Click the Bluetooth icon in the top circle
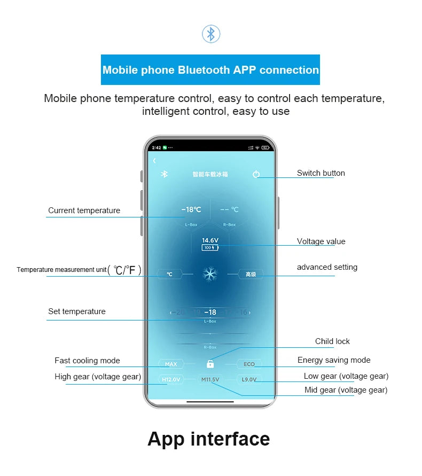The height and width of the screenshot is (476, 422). tap(211, 34)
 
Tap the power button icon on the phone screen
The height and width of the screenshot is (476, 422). tap(256, 174)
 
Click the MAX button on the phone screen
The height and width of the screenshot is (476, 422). tap(171, 364)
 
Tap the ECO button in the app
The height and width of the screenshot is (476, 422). tap(249, 364)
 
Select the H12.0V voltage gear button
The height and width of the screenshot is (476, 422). tap(171, 380)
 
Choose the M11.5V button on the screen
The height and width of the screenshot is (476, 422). tap(210, 380)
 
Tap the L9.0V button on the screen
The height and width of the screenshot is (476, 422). tap(249, 380)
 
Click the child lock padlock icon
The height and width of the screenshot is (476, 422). tap(210, 364)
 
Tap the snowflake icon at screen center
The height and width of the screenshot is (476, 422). tap(210, 275)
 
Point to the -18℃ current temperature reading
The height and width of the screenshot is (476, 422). tap(191, 210)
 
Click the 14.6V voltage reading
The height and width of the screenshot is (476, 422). tap(210, 240)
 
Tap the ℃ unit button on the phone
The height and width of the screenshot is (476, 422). tap(169, 275)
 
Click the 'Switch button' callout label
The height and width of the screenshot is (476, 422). tap(321, 173)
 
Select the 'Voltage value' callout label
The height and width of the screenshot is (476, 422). tap(321, 241)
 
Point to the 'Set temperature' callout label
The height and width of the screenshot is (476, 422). tap(77, 311)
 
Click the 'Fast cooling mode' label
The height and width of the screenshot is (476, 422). tap(87, 361)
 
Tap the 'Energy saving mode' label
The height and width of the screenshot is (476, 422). tap(334, 360)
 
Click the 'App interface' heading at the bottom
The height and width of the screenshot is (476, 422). tap(208, 439)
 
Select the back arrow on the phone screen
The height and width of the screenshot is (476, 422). tap(154, 161)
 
